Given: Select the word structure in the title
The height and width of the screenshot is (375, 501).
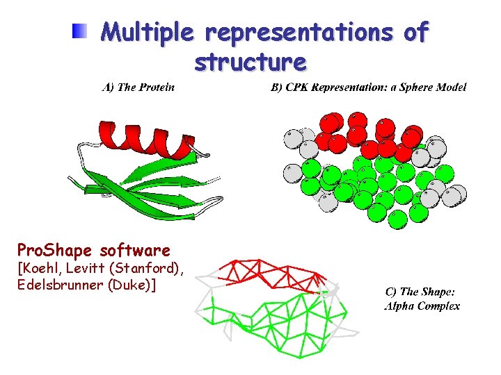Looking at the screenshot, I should pos(250,63).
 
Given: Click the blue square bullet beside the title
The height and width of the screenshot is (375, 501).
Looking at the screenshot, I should pos(81,31).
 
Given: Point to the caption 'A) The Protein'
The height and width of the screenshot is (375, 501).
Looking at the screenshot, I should pos(138,87).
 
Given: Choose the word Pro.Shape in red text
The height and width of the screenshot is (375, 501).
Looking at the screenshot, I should pos(56,250).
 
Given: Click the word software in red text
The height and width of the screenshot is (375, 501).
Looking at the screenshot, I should pos(135,250).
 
